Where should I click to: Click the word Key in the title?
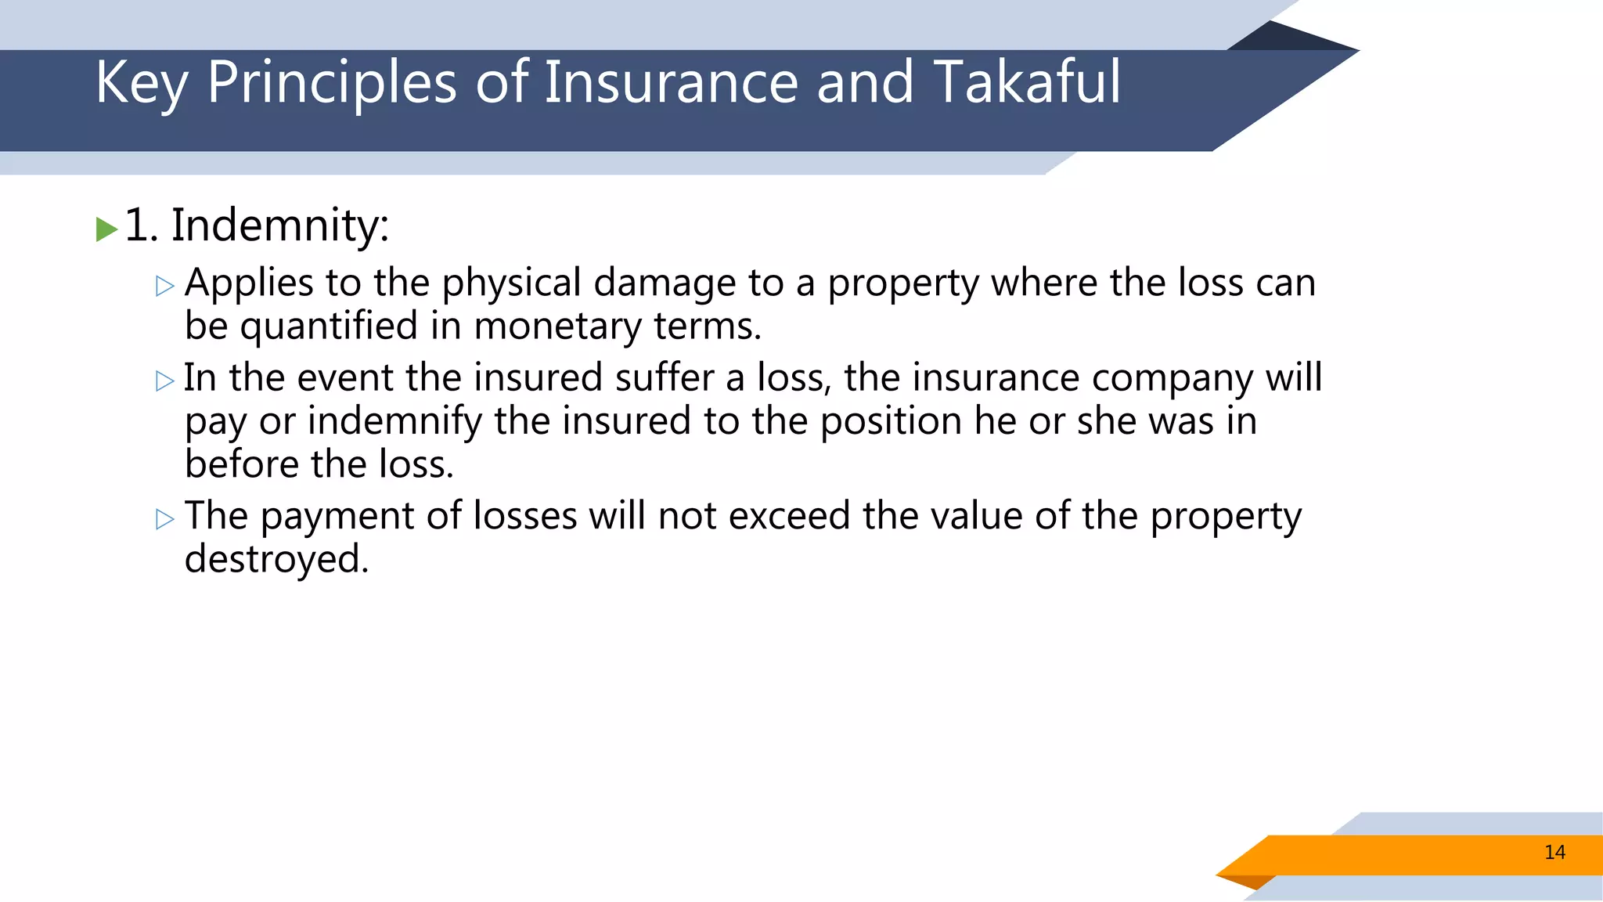point(141,83)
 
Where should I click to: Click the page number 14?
point(1554,853)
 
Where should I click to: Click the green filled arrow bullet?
point(106,229)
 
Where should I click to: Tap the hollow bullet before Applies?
point(164,286)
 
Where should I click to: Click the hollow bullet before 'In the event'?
point(164,381)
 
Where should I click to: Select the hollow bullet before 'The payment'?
point(164,519)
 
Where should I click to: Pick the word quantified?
point(329,327)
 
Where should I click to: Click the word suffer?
point(664,377)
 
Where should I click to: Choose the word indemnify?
point(394,422)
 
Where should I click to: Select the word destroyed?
point(276,559)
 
